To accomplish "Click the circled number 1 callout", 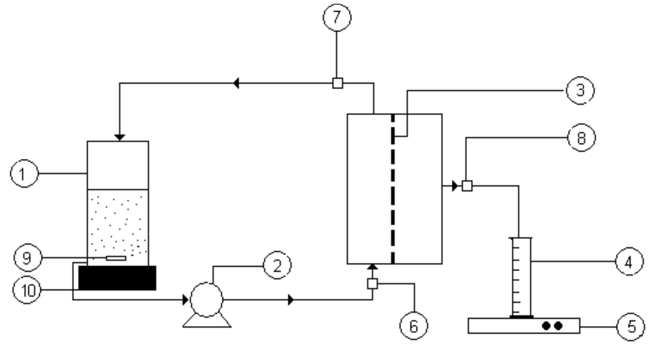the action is coord(24,173).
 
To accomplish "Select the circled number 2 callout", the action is coord(277,265).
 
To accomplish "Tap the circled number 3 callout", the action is coord(580,90).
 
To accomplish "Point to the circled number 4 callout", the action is coord(629,261).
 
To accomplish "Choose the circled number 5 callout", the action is coord(631,326).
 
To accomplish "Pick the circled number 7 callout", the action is coord(337,17).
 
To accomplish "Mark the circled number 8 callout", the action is coord(582,138).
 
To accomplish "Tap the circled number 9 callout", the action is coord(28,258).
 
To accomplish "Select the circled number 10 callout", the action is coord(27,290).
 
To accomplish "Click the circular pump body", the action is coord(206,299).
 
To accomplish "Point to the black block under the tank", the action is coord(117,278).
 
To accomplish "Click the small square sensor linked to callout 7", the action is coord(337,83).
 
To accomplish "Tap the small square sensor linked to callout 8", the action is coord(467,186).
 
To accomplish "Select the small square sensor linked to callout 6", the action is coord(373,284).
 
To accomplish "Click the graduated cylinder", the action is coord(521,278).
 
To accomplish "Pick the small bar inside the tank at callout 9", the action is coord(116,258).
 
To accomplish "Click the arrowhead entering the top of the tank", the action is coord(119,138).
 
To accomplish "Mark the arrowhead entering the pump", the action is coord(186,299).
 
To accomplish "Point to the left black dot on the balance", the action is coord(546,326).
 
